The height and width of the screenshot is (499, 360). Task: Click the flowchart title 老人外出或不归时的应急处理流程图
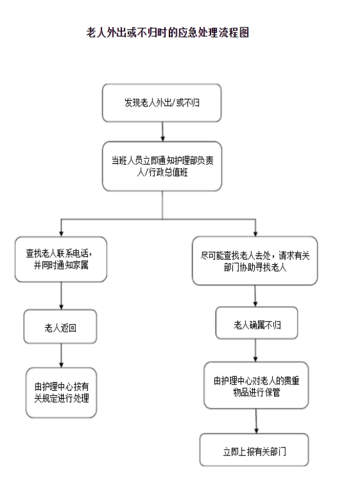pyautogui.click(x=168, y=32)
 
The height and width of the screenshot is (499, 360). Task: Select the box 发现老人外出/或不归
pyautogui.click(x=162, y=103)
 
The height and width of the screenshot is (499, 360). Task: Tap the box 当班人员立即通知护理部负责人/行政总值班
pyautogui.click(x=162, y=166)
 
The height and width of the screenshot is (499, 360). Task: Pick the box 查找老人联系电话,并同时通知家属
pyautogui.click(x=61, y=259)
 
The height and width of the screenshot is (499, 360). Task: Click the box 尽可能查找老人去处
pyautogui.click(x=255, y=260)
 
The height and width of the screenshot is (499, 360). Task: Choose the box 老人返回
pyautogui.click(x=60, y=326)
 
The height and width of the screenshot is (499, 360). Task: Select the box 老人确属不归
pyautogui.click(x=257, y=323)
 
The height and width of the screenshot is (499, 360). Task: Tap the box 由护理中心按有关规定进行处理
pyautogui.click(x=61, y=392)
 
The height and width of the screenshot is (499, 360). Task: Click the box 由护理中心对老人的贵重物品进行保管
pyautogui.click(x=256, y=386)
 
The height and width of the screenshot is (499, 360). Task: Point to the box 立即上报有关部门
pyautogui.click(x=254, y=450)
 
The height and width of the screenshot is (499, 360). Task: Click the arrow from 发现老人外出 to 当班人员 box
pyautogui.click(x=163, y=131)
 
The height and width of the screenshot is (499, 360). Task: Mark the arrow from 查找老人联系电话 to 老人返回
pyautogui.click(x=61, y=296)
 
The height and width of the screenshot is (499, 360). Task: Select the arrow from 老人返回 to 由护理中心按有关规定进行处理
pyautogui.click(x=61, y=356)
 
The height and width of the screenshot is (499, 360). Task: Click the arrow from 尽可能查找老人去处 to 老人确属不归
pyautogui.click(x=255, y=296)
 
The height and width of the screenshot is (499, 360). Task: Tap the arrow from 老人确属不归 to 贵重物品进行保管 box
pyautogui.click(x=255, y=350)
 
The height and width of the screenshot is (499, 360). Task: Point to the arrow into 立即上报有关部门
pyautogui.click(x=256, y=421)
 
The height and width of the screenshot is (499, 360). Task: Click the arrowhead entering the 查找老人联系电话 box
pyautogui.click(x=61, y=234)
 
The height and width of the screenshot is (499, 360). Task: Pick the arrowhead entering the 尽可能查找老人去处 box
pyautogui.click(x=255, y=234)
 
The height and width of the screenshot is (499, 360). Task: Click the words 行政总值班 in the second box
pyautogui.click(x=168, y=173)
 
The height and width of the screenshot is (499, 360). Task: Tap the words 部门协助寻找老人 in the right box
pyautogui.click(x=255, y=267)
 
